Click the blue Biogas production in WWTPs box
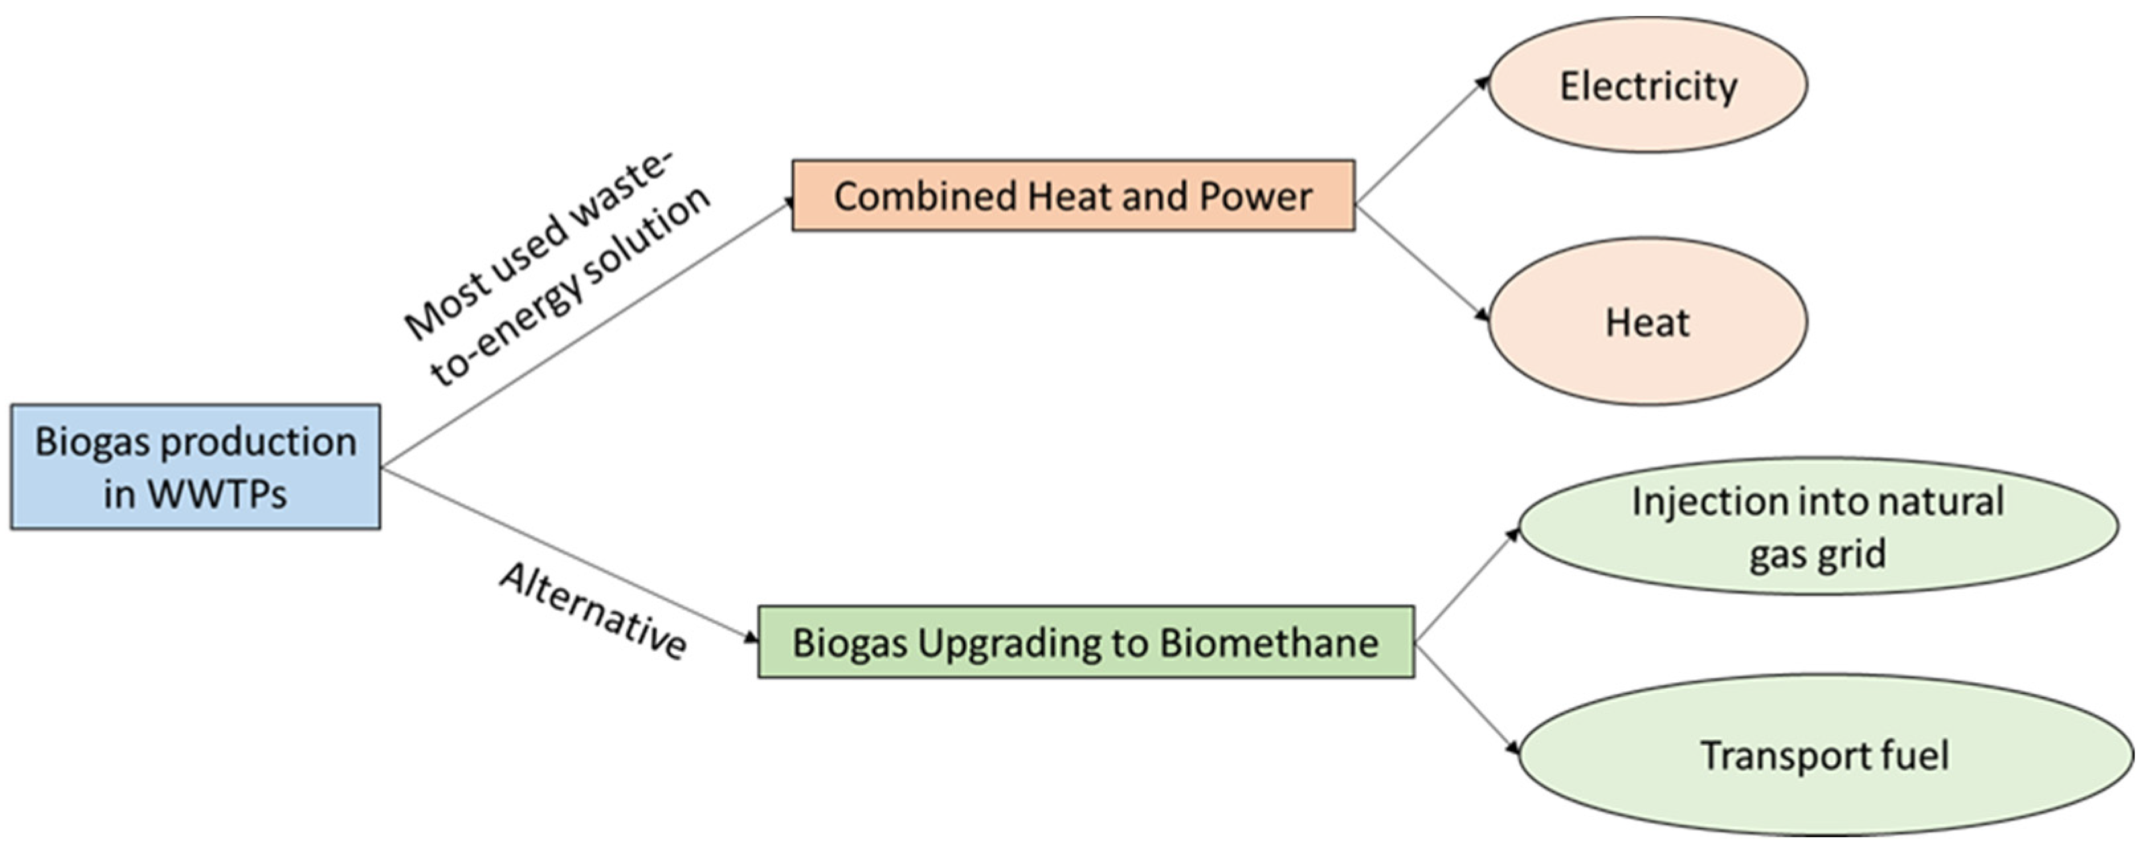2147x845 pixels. (x=195, y=467)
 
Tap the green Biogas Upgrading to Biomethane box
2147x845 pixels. (x=1085, y=642)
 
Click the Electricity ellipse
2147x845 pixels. (x=1647, y=85)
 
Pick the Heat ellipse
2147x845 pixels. (x=1647, y=322)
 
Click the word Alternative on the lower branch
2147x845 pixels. (x=593, y=610)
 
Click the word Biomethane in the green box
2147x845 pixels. (x=1268, y=643)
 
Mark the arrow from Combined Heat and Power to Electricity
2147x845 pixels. (x=1422, y=140)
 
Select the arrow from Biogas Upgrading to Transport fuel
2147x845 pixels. (x=1467, y=700)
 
